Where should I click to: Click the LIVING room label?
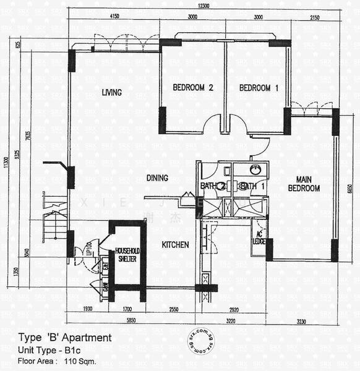click(x=111, y=93)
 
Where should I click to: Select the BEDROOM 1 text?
click(x=259, y=88)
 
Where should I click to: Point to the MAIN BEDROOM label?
click(x=302, y=184)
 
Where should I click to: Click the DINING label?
click(x=157, y=178)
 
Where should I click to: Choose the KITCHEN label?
click(x=175, y=245)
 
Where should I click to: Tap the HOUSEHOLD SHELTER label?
click(x=127, y=255)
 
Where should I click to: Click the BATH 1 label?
click(x=252, y=186)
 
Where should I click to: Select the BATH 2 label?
click(x=212, y=186)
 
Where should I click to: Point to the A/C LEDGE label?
click(x=259, y=238)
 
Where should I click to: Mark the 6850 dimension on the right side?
click(x=349, y=192)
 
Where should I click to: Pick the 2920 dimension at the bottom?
click(x=234, y=309)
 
